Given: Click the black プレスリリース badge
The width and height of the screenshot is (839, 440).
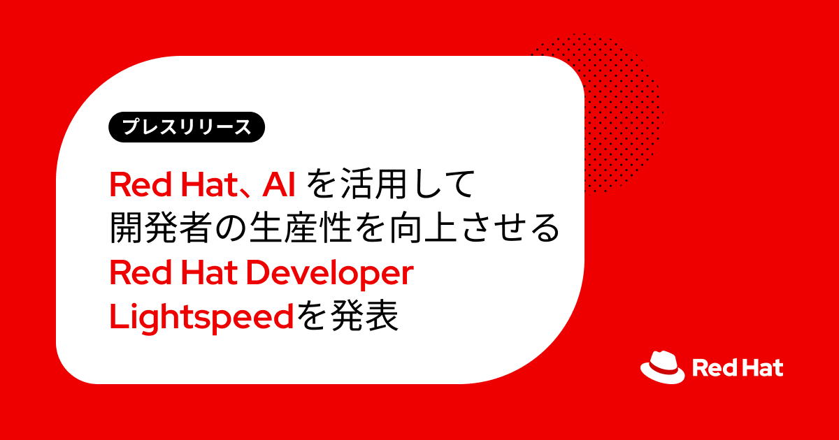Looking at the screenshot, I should pos(187,128).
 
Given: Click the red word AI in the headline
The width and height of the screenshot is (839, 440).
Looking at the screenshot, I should pos(281,185).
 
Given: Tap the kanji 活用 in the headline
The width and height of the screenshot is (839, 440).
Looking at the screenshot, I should pos(368,185).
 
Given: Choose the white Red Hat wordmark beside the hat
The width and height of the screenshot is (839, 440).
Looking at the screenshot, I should pos(738,368).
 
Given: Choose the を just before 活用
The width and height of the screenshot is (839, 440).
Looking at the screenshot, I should pos(323,185).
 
